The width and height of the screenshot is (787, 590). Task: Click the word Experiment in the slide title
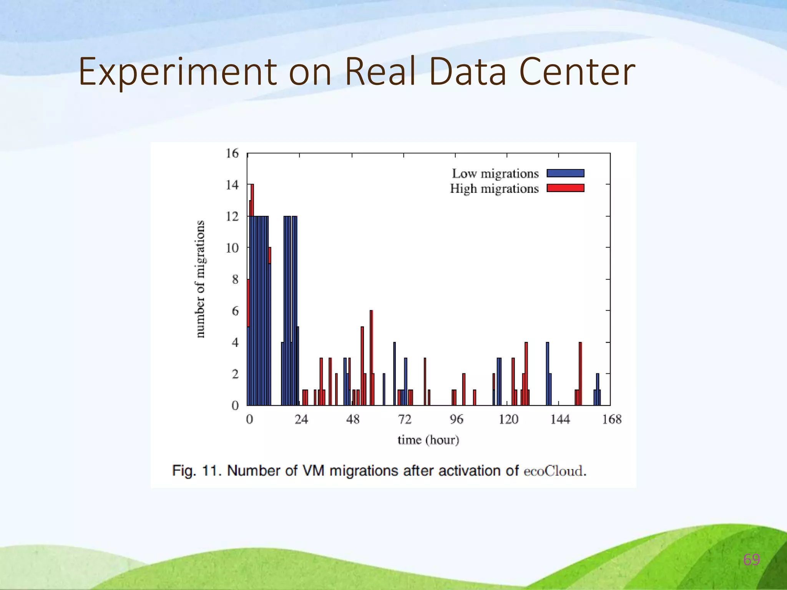[x=178, y=72]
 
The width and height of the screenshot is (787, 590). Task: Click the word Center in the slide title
[x=577, y=72]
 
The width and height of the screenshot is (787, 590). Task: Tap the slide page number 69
[x=751, y=560]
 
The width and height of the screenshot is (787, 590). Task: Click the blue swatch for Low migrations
[x=565, y=173]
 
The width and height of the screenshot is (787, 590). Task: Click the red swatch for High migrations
[x=565, y=188]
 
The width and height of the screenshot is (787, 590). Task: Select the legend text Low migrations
[x=495, y=174]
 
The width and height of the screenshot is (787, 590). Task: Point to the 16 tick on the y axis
[x=232, y=153]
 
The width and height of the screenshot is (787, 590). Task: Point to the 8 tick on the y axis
[x=235, y=279]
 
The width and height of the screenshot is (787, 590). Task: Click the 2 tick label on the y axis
[x=235, y=374]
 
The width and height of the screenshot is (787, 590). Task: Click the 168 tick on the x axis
[x=611, y=419]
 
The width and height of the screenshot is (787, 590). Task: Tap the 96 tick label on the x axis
[x=456, y=419]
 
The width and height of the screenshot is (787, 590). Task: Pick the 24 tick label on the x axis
[x=301, y=419]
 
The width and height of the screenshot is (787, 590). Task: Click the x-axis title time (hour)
[x=428, y=439]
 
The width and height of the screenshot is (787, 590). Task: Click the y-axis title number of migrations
[x=200, y=279]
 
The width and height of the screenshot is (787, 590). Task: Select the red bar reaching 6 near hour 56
[x=371, y=357]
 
